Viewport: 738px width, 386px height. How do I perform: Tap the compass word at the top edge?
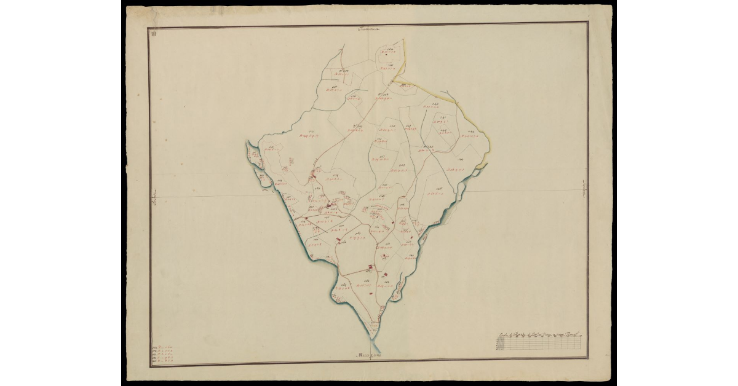370,28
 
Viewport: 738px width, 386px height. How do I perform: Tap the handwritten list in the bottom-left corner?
162,355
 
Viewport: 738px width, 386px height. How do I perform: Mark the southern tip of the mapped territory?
374,336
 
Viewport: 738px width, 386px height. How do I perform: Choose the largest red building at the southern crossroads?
370,267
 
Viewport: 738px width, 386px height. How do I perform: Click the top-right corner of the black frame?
588,23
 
